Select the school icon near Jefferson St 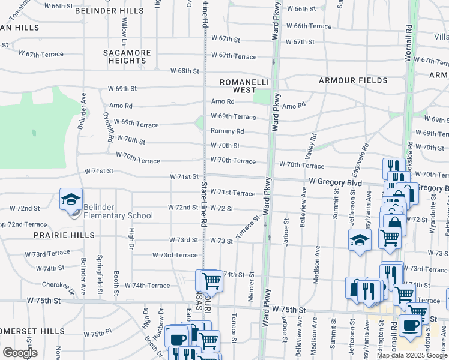pos(360,240)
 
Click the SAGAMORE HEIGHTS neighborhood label pos(127,56)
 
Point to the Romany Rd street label pos(227,131)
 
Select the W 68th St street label pos(184,71)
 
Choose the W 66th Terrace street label pos(309,26)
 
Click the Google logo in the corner pos(20,353)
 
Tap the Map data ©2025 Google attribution pos(411,355)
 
